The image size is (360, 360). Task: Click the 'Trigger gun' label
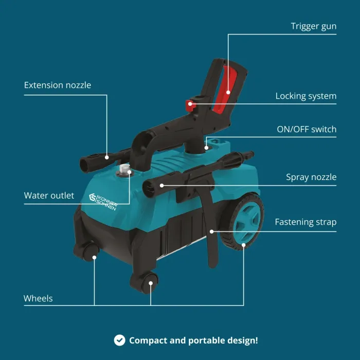313,26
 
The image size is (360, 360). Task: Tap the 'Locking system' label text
306,96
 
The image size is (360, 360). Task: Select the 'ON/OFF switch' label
307,129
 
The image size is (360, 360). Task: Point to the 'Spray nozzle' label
311,177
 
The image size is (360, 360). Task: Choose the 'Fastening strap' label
305,222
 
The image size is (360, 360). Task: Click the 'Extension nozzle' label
58,85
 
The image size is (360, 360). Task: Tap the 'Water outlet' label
49,195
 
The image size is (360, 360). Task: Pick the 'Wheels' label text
38,298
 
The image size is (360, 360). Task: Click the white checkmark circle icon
120,340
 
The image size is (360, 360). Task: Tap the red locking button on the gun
190,105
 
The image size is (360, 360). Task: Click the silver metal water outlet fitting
125,169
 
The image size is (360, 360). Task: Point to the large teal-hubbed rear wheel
243,222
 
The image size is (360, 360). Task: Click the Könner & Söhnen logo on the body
103,202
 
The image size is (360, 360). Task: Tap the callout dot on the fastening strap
212,231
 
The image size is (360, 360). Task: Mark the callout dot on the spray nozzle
162,186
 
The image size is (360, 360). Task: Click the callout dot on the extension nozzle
107,157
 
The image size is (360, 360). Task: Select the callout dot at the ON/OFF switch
206,148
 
